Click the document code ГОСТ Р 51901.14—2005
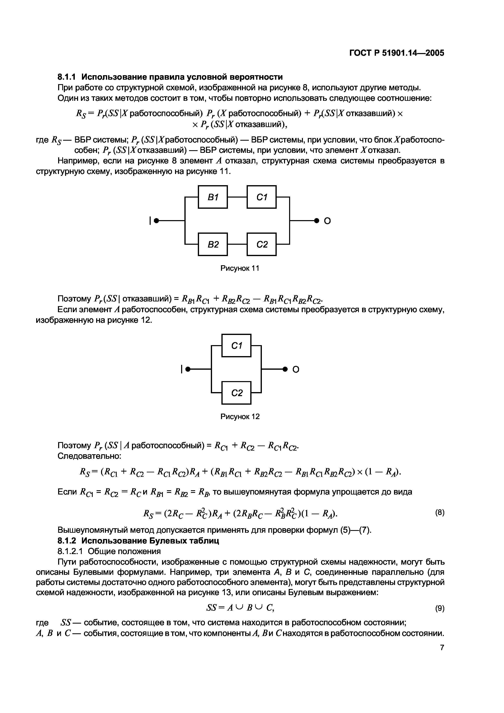[x=397, y=53]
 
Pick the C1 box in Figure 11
[x=261, y=197]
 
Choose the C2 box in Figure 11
[x=261, y=244]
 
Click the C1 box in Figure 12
[x=236, y=346]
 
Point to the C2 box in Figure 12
[x=236, y=393]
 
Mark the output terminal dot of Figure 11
[x=317, y=221]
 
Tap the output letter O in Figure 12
[x=296, y=370]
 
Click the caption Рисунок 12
[x=240, y=416]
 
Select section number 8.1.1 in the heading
[x=68, y=77]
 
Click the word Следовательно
[x=89, y=456]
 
